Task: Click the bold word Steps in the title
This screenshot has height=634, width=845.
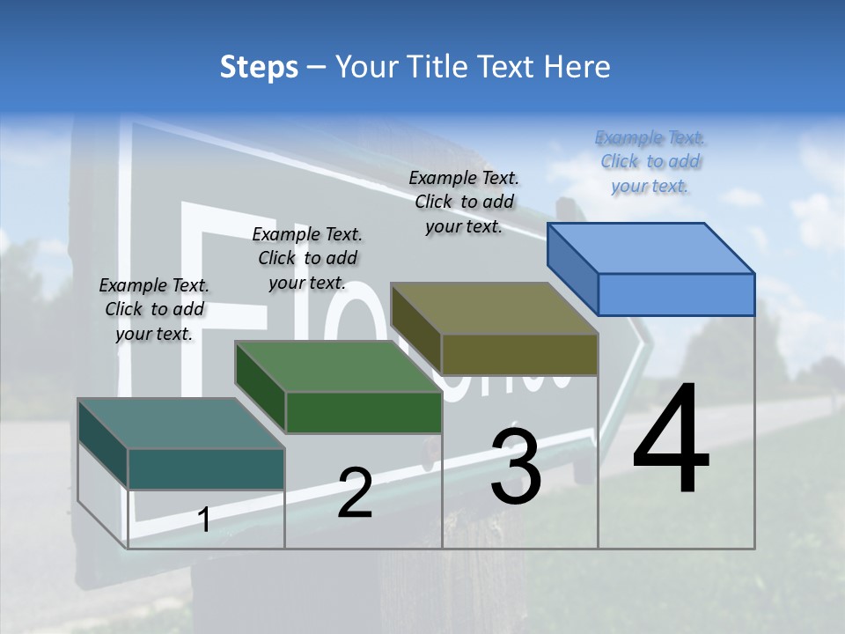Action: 259,67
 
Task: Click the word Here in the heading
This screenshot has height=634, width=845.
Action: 578,67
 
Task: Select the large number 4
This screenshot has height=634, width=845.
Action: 671,440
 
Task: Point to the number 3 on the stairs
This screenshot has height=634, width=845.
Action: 515,466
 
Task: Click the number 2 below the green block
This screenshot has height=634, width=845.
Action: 355,492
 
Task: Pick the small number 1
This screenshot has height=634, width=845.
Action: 204,520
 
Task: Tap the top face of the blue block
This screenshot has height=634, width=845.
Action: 651,247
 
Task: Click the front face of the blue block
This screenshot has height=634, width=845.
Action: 676,294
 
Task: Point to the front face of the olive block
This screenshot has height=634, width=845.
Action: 519,354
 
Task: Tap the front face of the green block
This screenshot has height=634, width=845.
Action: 364,412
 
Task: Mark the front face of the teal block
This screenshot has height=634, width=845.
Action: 206,468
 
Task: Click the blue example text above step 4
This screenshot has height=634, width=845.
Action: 650,161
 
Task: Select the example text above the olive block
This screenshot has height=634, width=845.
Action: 464,202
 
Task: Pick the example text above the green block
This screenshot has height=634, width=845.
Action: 307,258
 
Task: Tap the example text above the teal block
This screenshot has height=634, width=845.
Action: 154,309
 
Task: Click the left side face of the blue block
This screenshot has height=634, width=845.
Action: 572,268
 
